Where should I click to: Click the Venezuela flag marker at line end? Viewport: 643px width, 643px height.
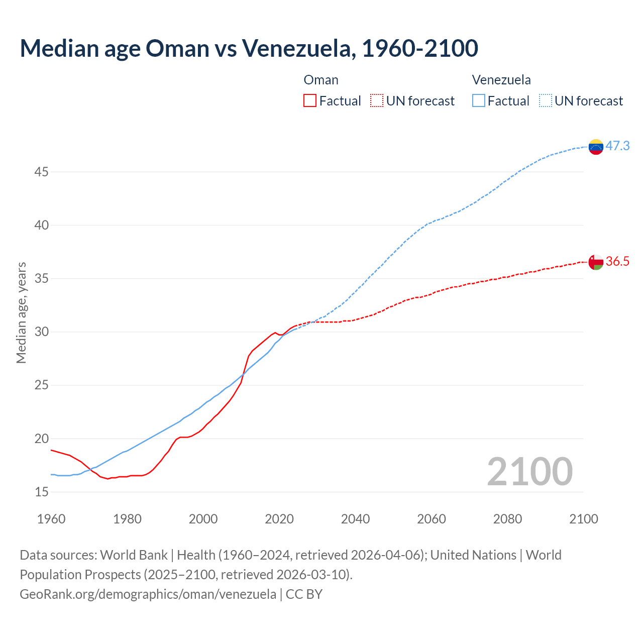[x=596, y=147]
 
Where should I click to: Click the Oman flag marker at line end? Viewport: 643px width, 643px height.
[x=596, y=262]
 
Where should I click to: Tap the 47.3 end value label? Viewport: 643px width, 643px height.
[x=617, y=146]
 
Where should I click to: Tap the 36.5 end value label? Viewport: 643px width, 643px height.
[x=617, y=261]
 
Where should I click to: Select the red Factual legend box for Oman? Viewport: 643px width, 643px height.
[x=310, y=101]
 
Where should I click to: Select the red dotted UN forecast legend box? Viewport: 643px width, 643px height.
[x=377, y=101]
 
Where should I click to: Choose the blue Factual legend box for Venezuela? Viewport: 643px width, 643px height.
[x=479, y=101]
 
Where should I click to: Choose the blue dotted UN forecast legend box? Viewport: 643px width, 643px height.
[x=546, y=101]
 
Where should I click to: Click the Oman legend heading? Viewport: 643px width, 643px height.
[x=321, y=80]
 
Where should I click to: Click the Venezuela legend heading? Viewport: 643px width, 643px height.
[x=501, y=80]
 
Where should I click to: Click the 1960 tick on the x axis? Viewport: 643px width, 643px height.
[x=51, y=519]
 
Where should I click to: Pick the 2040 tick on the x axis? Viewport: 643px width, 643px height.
[x=355, y=519]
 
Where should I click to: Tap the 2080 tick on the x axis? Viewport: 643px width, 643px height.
[x=507, y=519]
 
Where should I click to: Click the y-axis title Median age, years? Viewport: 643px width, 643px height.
[x=21, y=312]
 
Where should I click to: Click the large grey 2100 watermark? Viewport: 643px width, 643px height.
[x=529, y=471]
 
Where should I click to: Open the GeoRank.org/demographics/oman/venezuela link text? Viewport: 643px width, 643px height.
[x=148, y=594]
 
